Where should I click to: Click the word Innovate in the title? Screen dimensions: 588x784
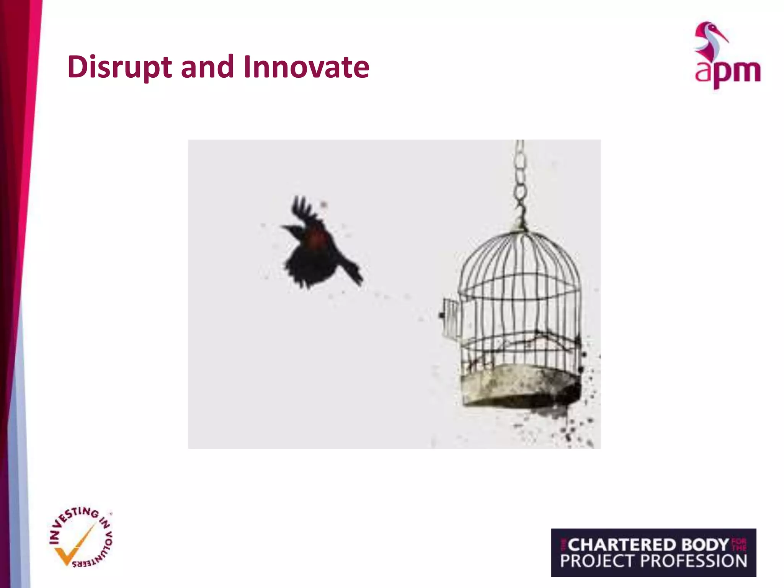click(x=306, y=67)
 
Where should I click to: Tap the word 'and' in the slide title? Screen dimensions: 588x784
click(x=207, y=67)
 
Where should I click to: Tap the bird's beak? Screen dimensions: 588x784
click(x=284, y=227)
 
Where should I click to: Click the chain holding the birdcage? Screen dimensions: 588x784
click(x=520, y=180)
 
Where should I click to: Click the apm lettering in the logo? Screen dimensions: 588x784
click(x=727, y=73)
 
